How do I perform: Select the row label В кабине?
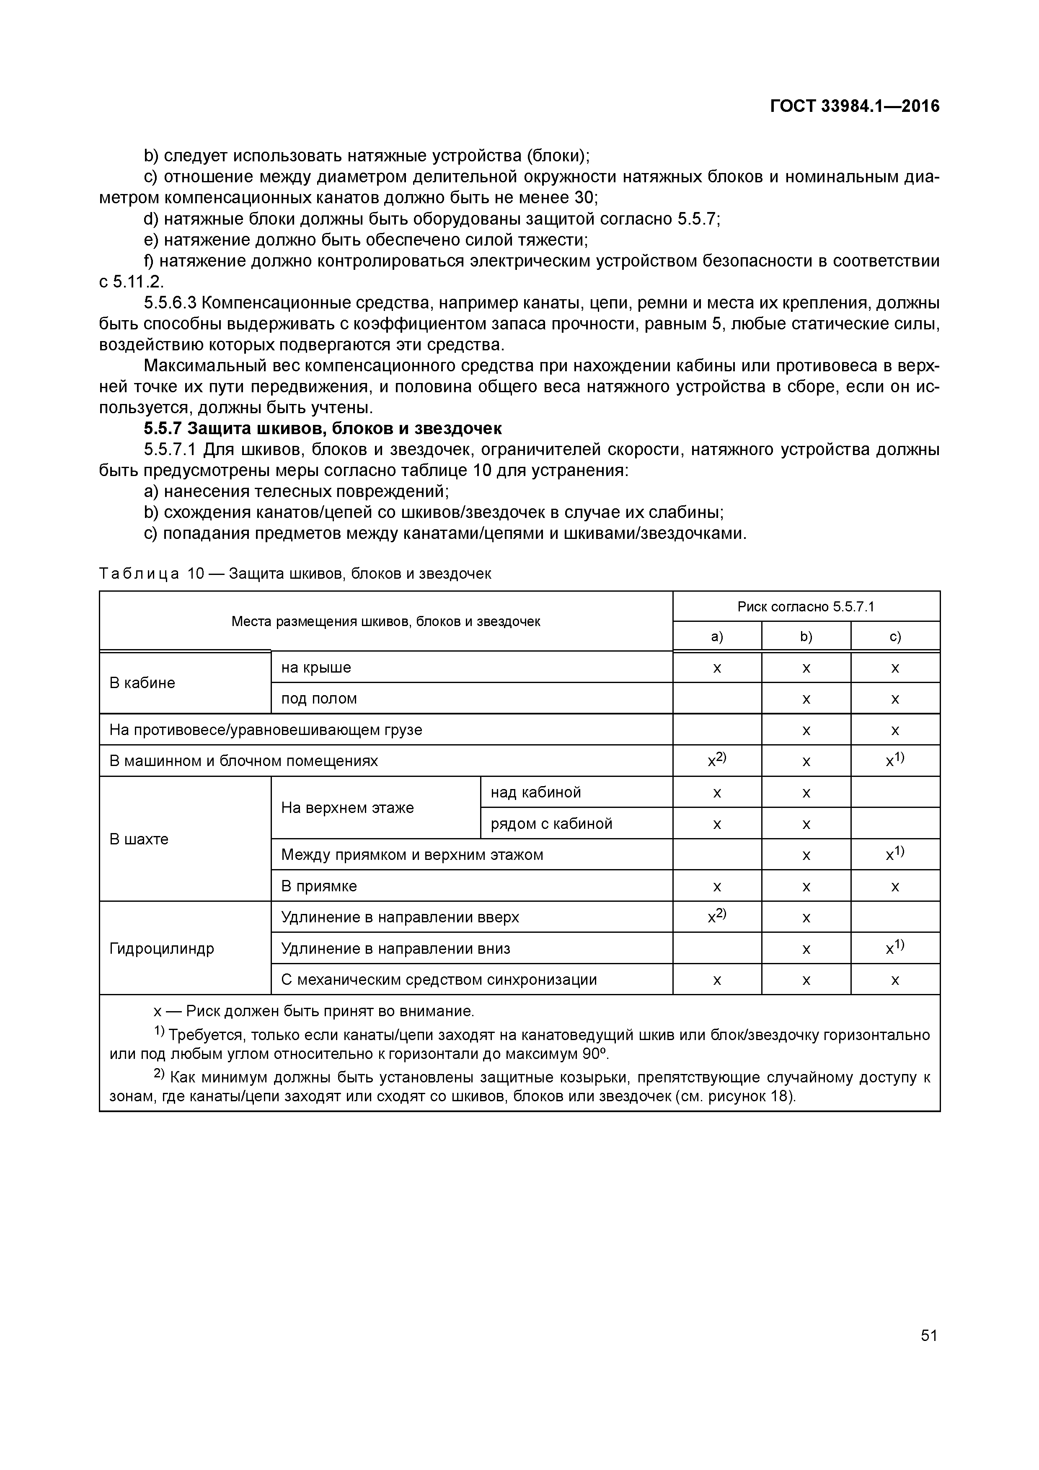142,683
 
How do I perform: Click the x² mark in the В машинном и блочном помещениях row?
716,761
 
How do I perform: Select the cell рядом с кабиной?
551,824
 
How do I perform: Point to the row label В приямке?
319,887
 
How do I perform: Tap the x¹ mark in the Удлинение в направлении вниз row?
894,948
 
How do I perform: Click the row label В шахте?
139,839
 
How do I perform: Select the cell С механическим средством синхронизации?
439,980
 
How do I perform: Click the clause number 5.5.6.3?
170,303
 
